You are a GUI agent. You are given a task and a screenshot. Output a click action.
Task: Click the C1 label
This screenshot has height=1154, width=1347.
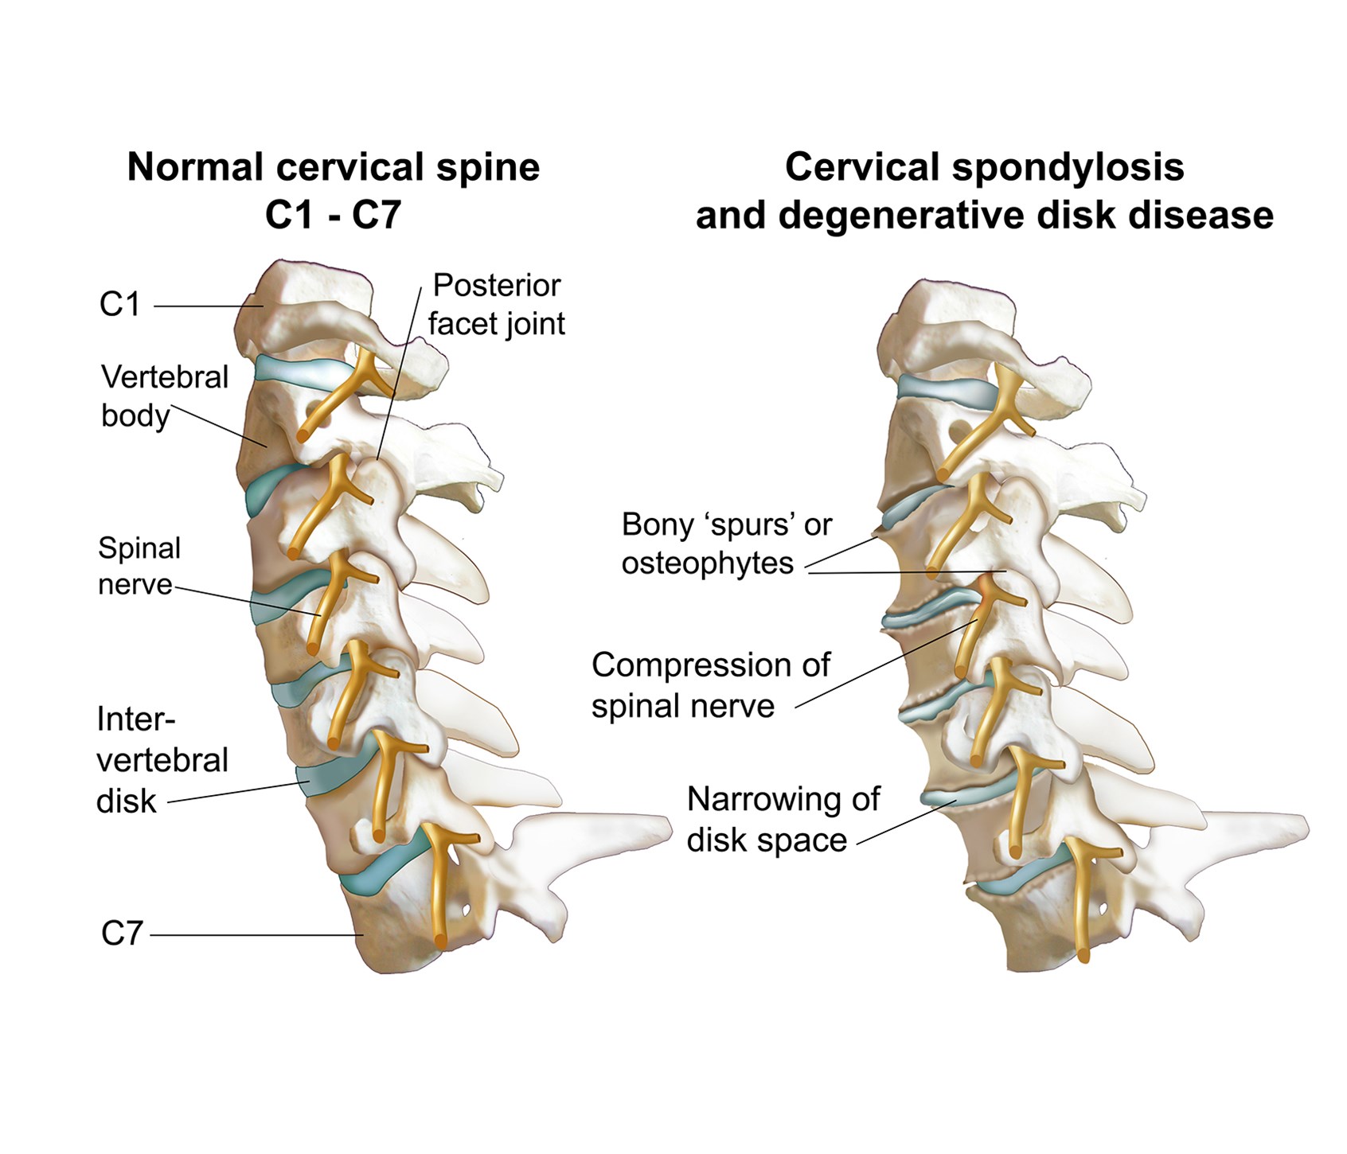pos(119,304)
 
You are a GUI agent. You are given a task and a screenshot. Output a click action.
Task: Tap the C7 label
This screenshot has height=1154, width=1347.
pos(121,933)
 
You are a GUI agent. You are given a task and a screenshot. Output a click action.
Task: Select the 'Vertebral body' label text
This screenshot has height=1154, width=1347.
pos(164,396)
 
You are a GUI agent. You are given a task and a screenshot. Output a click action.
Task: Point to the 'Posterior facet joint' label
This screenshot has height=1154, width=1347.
pos(497,304)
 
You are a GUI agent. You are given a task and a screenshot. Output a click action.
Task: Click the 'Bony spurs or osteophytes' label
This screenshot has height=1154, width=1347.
pos(726,544)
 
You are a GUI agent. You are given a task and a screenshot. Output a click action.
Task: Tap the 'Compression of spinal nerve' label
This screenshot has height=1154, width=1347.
pos(710,685)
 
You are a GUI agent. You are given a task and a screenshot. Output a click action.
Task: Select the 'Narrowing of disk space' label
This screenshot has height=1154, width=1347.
pos(783,819)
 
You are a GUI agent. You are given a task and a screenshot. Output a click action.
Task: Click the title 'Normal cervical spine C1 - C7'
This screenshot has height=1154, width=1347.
pos(334,191)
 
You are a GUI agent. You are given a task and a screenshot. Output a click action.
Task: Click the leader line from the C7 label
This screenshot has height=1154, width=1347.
pos(255,934)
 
